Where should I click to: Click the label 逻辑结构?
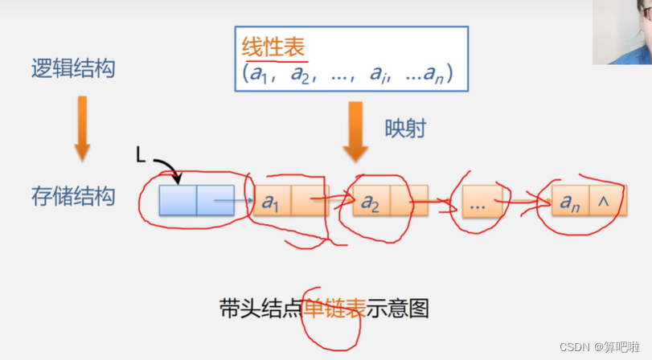point(73,69)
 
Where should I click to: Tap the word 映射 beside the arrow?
point(405,129)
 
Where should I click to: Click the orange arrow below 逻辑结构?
point(81,128)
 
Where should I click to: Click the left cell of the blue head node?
point(178,200)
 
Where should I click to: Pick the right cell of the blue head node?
point(215,200)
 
